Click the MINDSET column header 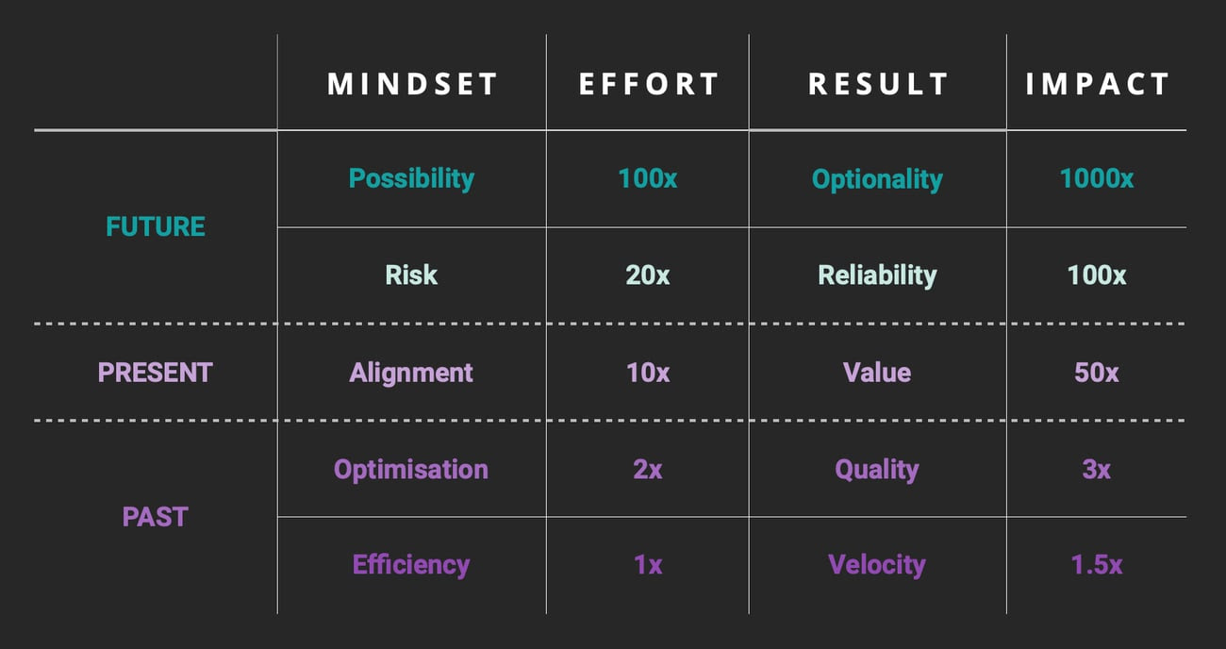pyautogui.click(x=412, y=84)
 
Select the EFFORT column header pyautogui.click(x=649, y=84)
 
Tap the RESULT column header pyautogui.click(x=878, y=84)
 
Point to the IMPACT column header pyautogui.click(x=1097, y=84)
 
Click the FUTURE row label pyautogui.click(x=156, y=226)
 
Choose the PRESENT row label pyautogui.click(x=155, y=373)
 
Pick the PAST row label pyautogui.click(x=156, y=517)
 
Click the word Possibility pyautogui.click(x=411, y=179)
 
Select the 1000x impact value pyautogui.click(x=1096, y=178)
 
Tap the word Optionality pyautogui.click(x=877, y=179)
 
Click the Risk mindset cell pyautogui.click(x=411, y=275)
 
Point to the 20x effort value pyautogui.click(x=648, y=275)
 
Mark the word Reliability pyautogui.click(x=877, y=275)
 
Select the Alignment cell pyautogui.click(x=411, y=374)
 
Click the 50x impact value pyautogui.click(x=1096, y=373)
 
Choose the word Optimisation pyautogui.click(x=411, y=470)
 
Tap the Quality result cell pyautogui.click(x=877, y=470)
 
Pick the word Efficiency pyautogui.click(x=411, y=565)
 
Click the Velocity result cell pyautogui.click(x=877, y=565)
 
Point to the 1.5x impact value pyautogui.click(x=1096, y=565)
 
